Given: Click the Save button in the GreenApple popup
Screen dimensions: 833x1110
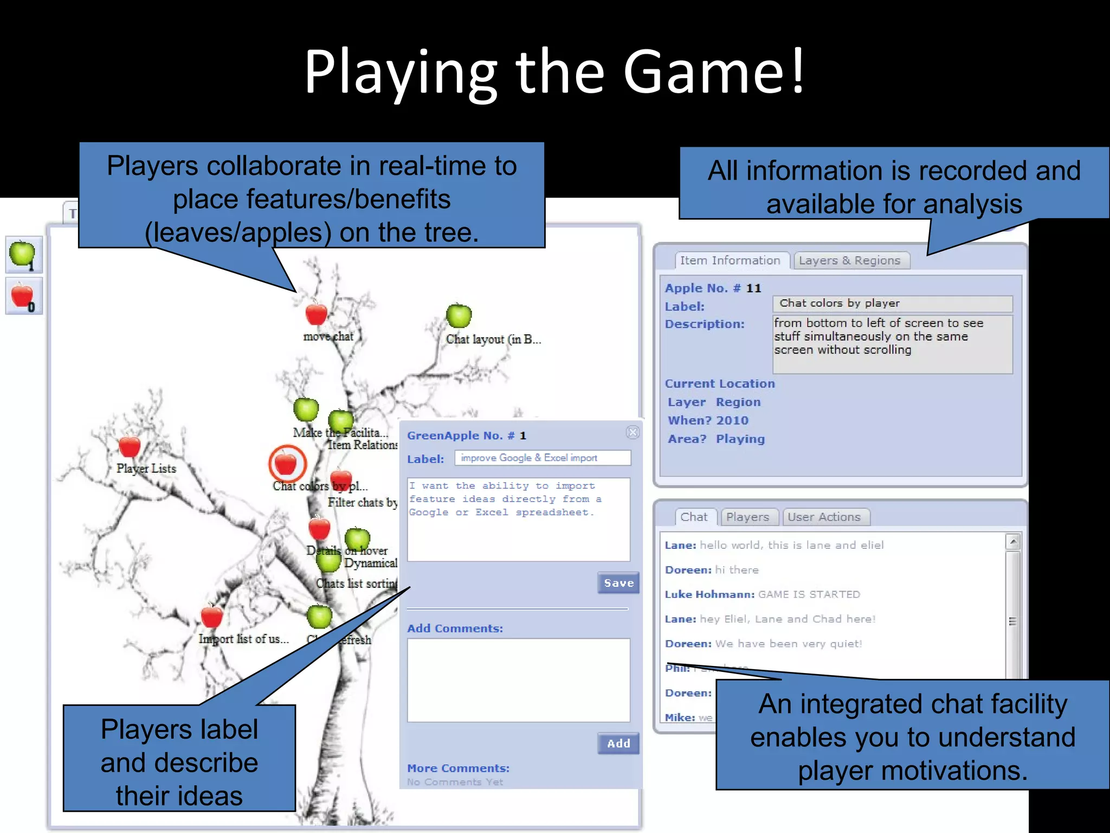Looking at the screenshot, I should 618,583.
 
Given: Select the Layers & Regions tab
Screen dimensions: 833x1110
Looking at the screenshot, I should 849,261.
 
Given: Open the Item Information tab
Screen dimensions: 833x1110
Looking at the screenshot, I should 730,261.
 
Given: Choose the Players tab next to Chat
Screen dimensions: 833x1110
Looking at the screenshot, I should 747,517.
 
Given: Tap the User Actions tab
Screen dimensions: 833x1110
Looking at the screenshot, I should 824,517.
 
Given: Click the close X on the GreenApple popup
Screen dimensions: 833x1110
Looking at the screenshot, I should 633,432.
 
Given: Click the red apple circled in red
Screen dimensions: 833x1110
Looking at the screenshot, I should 287,464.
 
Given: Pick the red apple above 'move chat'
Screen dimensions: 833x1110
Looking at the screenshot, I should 316,313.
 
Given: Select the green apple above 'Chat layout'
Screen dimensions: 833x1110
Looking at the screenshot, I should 459,316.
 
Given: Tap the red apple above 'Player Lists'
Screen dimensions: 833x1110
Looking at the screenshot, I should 130,446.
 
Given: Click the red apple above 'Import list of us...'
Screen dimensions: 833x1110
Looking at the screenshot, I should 211,617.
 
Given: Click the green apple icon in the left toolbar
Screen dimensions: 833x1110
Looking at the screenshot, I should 23,254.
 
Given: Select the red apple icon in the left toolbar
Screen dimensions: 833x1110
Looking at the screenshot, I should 23,296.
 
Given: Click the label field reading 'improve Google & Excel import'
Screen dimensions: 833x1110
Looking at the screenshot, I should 542,458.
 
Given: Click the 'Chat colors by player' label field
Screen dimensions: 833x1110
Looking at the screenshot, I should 892,304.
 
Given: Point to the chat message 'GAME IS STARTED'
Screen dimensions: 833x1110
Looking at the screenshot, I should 809,594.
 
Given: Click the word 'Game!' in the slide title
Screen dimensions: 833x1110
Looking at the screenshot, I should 714,72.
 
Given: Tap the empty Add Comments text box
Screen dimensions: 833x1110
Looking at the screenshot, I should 519,680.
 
